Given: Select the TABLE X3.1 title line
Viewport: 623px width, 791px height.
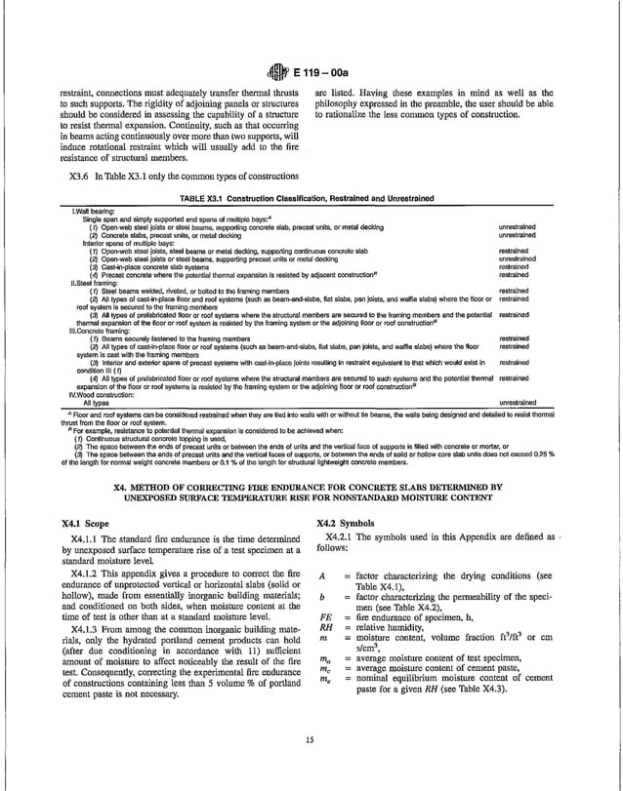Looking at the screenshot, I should tap(311, 196).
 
